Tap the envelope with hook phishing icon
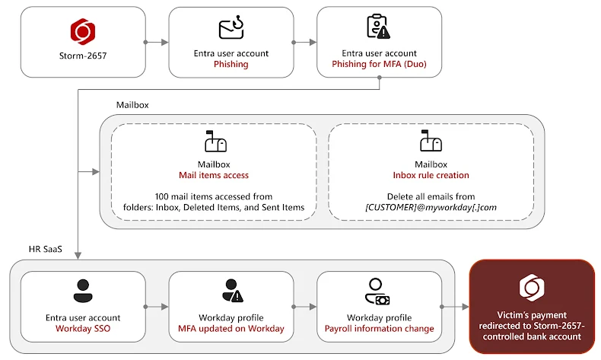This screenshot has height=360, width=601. pos(231,29)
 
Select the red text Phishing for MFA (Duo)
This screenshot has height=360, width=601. pos(379,65)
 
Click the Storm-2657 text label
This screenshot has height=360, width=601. pos(82,55)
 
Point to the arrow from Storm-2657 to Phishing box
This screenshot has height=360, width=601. pos(155,43)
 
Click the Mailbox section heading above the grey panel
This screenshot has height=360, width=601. pos(132,104)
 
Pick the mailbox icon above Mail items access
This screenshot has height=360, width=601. pos(214,142)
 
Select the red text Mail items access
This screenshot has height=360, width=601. pos(214,176)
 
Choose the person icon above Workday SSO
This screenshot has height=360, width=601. pos(82,290)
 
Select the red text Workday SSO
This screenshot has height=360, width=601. pos(82,329)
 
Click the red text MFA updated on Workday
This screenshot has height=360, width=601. pos(231,329)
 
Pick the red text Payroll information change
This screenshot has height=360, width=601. pos(379,329)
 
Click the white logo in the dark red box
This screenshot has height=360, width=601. pos(531,288)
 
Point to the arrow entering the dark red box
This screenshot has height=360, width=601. pos(458,307)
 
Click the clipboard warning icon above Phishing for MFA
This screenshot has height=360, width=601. pos(378,27)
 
